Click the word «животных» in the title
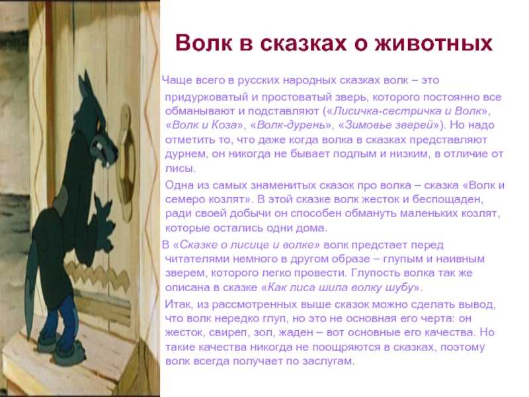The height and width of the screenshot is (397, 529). (434, 43)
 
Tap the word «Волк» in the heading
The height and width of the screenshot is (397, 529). (204, 43)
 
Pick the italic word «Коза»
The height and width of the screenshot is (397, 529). (224, 125)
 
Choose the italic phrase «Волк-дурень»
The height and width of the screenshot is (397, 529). (291, 125)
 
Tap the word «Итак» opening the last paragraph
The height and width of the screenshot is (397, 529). (177, 304)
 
